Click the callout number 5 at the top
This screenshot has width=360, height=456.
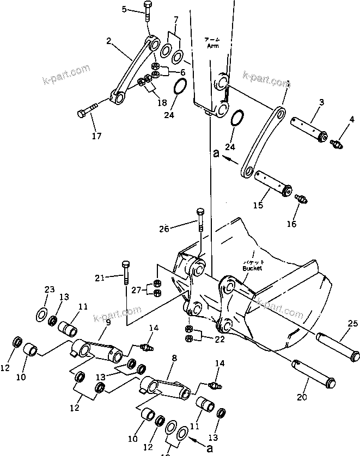click(124, 9)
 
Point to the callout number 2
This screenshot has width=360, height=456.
click(109, 41)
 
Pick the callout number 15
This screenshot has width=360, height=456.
click(258, 205)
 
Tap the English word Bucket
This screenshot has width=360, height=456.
click(253, 268)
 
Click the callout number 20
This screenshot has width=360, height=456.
click(302, 397)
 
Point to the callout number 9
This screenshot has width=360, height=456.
click(108, 322)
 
